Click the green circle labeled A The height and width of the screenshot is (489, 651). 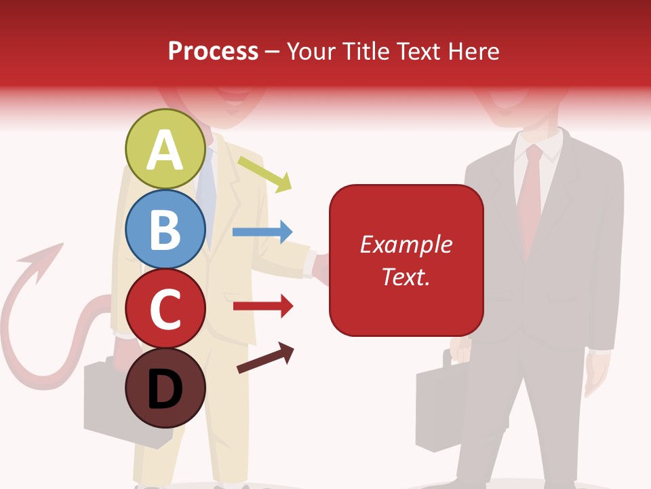tap(165, 149)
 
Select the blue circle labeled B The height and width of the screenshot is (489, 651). tap(165, 229)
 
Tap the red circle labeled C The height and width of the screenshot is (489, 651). tap(165, 309)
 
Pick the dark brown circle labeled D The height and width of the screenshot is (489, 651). tap(165, 388)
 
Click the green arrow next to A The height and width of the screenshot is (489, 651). tap(265, 173)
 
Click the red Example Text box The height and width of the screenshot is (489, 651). tap(406, 260)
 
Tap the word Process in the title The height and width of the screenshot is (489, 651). tap(213, 51)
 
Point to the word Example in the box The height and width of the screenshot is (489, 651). tap(406, 244)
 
